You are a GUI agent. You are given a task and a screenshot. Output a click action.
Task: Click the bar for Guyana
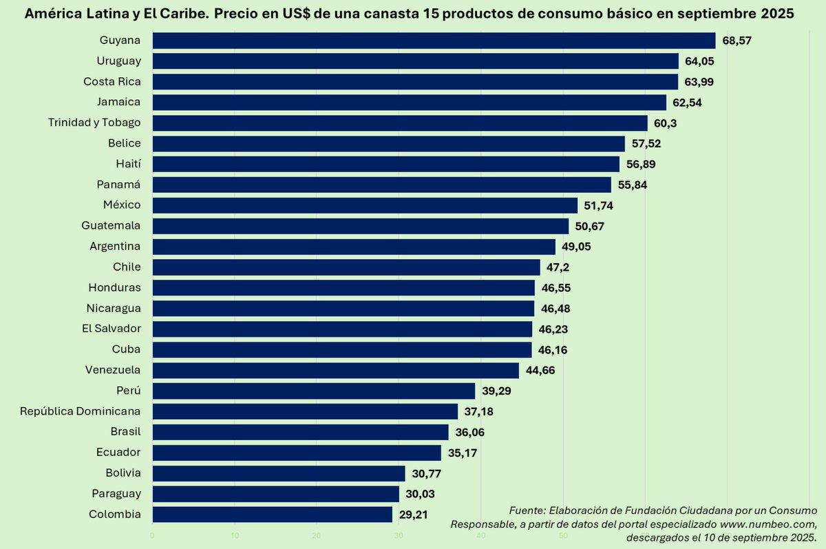[434, 41]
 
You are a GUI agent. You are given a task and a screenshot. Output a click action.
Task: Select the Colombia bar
[272, 515]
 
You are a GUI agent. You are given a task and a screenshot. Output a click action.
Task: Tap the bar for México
[365, 205]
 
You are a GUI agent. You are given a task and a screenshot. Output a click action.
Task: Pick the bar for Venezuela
[335, 371]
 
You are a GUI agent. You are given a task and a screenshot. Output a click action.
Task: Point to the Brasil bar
[300, 432]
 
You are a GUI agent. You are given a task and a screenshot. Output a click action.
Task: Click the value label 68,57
[737, 41]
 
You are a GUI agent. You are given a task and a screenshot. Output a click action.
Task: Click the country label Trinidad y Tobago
[94, 123]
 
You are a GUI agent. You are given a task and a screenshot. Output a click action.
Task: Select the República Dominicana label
[81, 411]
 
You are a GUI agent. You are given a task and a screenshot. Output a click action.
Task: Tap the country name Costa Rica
[112, 81]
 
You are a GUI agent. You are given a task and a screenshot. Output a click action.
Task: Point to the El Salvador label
[112, 329]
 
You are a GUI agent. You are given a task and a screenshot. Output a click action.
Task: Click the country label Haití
[129, 164]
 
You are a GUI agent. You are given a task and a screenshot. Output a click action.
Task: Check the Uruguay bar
[415, 61]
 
